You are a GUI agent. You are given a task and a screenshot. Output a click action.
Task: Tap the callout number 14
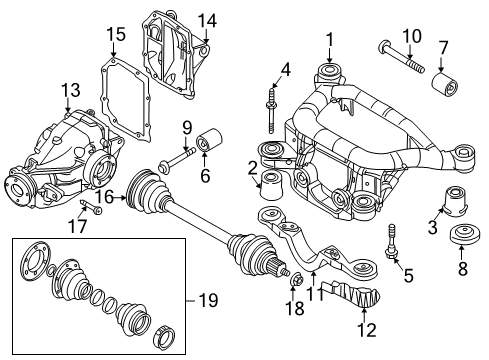[206, 20]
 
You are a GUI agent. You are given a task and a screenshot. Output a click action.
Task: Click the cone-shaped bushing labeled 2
[270, 181]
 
